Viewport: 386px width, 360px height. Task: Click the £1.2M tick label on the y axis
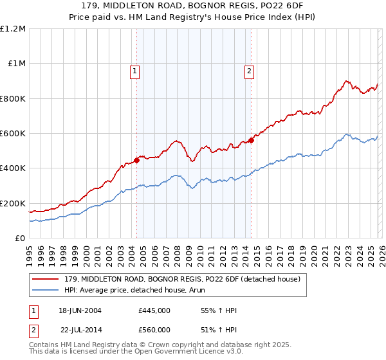(13, 29)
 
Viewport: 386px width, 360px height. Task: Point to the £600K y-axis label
(13, 134)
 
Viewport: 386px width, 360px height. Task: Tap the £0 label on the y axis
(20, 239)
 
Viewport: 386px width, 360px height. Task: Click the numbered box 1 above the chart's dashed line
(136, 71)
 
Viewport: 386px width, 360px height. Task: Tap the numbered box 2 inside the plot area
(249, 71)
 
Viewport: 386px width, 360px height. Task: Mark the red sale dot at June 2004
(136, 161)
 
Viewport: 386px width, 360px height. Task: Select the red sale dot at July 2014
(251, 141)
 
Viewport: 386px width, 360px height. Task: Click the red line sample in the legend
(46, 279)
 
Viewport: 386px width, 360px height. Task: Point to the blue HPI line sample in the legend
(46, 291)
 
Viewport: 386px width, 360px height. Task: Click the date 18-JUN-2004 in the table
(80, 310)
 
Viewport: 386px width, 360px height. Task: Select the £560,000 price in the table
(154, 329)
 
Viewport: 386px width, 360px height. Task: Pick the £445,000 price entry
(154, 310)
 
